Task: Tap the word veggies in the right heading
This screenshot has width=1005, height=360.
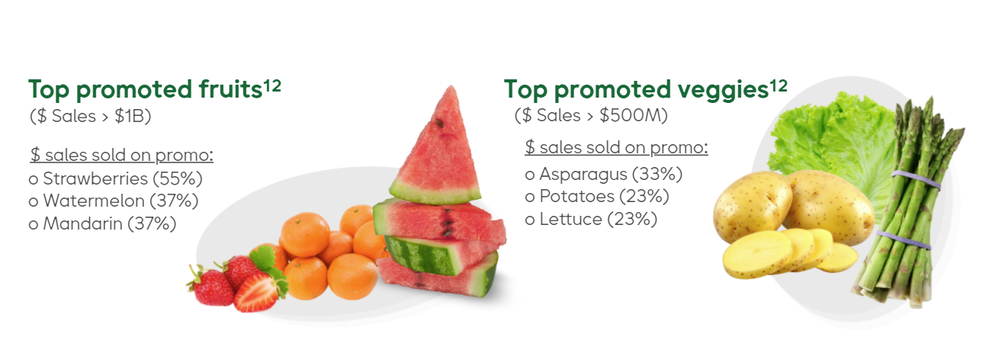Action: tap(723, 92)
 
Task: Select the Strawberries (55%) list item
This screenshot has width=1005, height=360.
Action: tap(116, 178)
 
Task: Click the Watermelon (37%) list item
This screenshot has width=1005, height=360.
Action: tap(114, 201)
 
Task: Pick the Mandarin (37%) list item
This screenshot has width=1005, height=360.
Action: tap(102, 223)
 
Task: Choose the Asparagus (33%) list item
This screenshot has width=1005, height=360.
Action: tap(603, 174)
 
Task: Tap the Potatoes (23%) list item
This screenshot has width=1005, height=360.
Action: tap(597, 196)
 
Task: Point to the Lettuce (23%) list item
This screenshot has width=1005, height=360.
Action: tap(591, 219)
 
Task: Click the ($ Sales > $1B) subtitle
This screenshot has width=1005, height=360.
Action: tap(90, 116)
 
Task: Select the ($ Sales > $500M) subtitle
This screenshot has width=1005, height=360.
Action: tap(591, 115)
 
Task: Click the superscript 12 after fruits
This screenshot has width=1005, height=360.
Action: tap(272, 85)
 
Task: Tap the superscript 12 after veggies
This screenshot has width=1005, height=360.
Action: tap(779, 85)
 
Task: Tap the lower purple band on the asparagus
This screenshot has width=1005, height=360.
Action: tap(903, 239)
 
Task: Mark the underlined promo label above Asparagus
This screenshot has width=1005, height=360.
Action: tap(616, 147)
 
